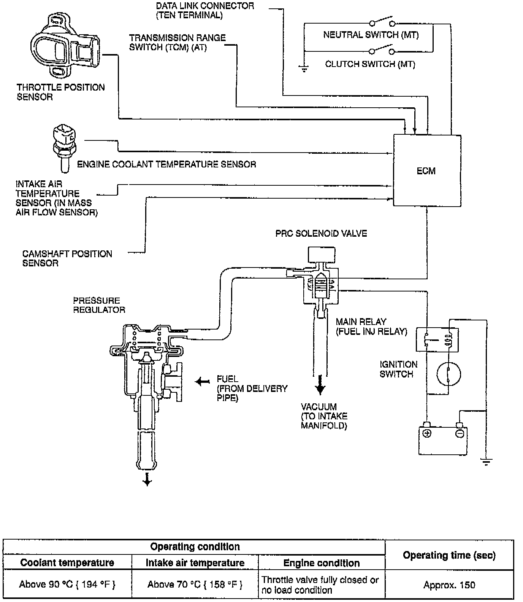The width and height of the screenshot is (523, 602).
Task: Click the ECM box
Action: click(x=427, y=170)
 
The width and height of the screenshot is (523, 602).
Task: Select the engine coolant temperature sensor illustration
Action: click(x=64, y=147)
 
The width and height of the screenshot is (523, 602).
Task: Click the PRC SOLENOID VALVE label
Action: click(x=321, y=233)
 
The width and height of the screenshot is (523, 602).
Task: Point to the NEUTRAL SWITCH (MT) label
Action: click(x=371, y=35)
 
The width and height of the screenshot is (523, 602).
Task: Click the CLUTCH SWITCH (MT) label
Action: click(x=370, y=64)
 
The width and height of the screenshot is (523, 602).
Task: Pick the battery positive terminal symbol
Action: click(x=427, y=433)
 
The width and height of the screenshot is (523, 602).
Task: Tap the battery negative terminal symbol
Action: click(x=460, y=433)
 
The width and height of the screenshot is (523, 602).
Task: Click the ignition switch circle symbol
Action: click(x=449, y=374)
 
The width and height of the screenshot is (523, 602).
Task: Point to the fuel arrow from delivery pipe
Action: click(x=202, y=381)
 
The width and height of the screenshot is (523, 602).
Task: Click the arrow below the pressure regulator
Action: click(x=147, y=480)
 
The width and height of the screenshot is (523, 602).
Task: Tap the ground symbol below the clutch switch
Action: click(x=304, y=69)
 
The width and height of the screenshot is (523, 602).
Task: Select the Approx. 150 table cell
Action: click(x=449, y=585)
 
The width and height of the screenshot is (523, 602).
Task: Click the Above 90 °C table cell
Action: click(x=67, y=584)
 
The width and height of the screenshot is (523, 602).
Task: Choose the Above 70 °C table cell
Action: click(x=195, y=584)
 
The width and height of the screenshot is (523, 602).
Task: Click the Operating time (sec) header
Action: click(x=449, y=555)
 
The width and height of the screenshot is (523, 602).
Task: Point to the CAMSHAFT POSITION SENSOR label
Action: click(x=67, y=258)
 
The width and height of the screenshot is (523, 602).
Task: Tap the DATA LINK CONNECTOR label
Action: click(x=205, y=11)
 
